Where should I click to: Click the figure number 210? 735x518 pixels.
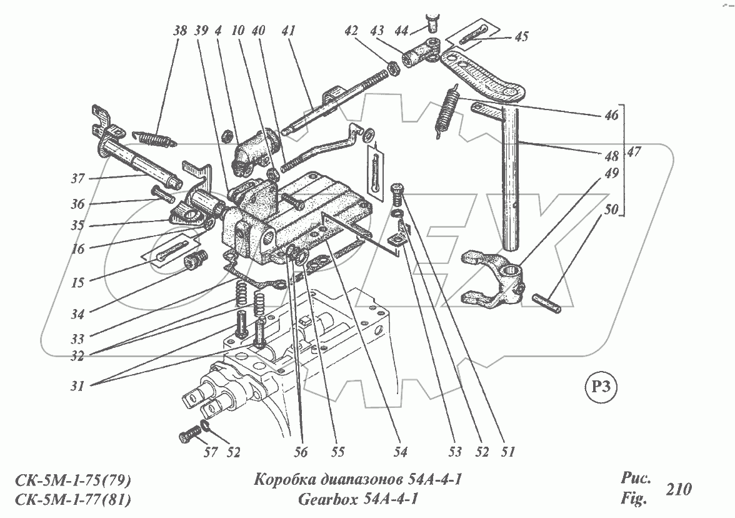click(679, 489)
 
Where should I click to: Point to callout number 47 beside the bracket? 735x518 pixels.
click(636, 152)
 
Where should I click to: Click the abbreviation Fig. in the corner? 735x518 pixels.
click(632, 499)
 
